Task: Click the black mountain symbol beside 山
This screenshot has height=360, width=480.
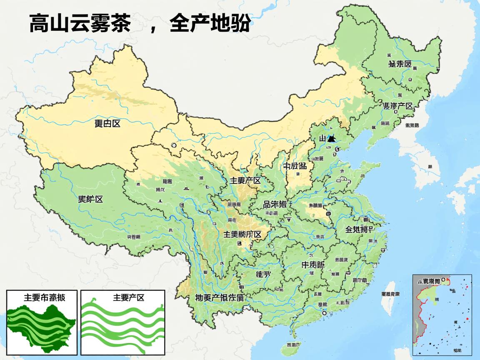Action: (x=331, y=139)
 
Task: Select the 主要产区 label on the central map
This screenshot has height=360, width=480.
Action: (x=245, y=180)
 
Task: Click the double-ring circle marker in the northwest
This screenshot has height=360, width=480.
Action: (x=173, y=145)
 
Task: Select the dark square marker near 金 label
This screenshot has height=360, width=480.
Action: (x=328, y=214)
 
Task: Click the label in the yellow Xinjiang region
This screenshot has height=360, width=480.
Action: (x=107, y=123)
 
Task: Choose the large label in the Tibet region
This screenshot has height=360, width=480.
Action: (x=90, y=199)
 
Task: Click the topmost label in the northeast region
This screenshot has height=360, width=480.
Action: (x=400, y=64)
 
